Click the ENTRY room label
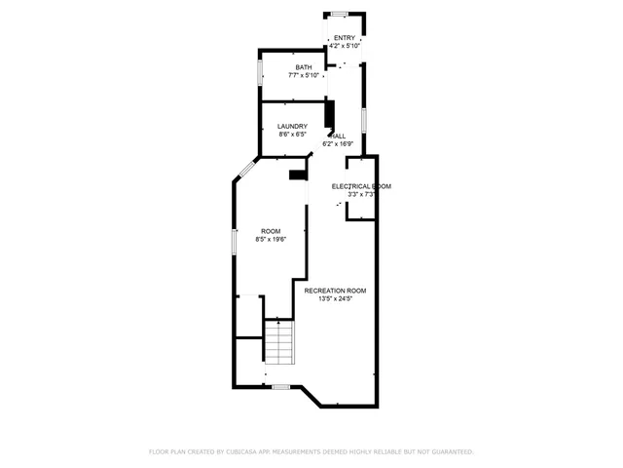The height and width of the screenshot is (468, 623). pyautogui.click(x=345, y=37)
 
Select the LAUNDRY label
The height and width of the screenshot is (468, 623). pyautogui.click(x=292, y=126)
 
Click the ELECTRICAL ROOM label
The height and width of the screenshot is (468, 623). pyautogui.click(x=361, y=186)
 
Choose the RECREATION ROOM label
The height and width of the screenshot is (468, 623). pyautogui.click(x=335, y=291)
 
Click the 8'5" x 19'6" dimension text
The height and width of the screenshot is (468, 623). pyautogui.click(x=271, y=239)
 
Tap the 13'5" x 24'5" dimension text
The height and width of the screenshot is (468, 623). pyautogui.click(x=335, y=299)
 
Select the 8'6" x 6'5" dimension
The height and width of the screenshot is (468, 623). pyautogui.click(x=292, y=135)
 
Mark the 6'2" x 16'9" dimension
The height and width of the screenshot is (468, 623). pyautogui.click(x=342, y=144)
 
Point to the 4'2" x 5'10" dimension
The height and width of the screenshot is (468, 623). pyautogui.click(x=345, y=45)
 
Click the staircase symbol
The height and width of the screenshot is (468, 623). pyautogui.click(x=279, y=342)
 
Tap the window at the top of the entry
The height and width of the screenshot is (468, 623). pyautogui.click(x=340, y=14)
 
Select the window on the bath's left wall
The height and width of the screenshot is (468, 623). pyautogui.click(x=260, y=72)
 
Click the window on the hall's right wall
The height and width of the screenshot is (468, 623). pyautogui.click(x=364, y=120)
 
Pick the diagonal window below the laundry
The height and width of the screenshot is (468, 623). pyautogui.click(x=244, y=170)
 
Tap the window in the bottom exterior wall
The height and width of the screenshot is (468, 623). pyautogui.click(x=280, y=387)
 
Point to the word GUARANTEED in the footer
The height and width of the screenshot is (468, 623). pyautogui.click(x=451, y=451)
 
